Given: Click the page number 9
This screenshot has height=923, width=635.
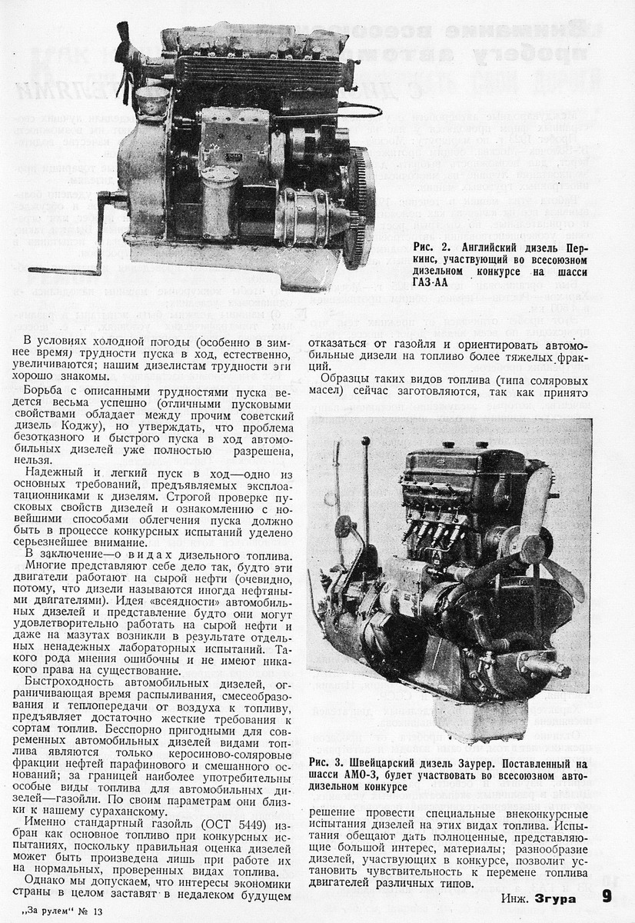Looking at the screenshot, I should tap(606, 897).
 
